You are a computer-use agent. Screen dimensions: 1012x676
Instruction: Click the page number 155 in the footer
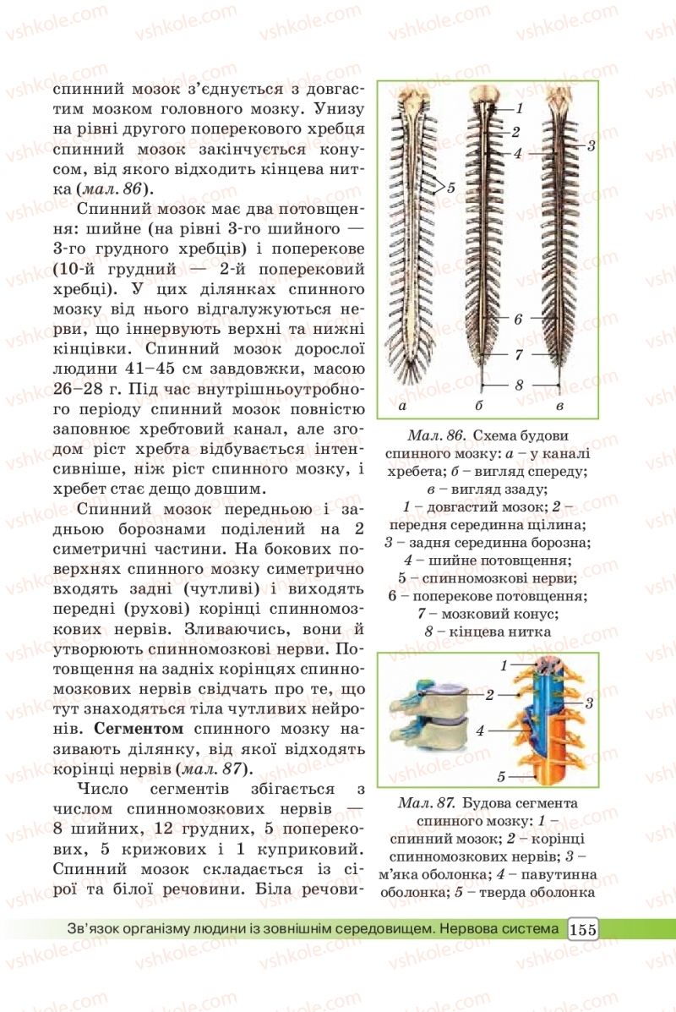pos(583,929)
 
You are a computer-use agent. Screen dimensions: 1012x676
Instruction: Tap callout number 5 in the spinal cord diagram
pos(451,189)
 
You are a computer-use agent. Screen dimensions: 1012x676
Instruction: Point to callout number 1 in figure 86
pos(521,108)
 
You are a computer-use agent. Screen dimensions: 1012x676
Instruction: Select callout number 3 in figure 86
pos(591,145)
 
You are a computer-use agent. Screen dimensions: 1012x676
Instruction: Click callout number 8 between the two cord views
pos(520,385)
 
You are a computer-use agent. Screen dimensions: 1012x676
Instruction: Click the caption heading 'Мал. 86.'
pos(436,435)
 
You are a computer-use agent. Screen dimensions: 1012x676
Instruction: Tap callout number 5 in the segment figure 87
pos(500,775)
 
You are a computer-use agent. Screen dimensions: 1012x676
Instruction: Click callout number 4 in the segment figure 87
pos(479,730)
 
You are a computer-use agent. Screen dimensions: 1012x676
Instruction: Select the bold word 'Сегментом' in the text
pos(139,727)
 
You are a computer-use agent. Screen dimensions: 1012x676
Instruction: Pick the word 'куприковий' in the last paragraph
pos(296,847)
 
